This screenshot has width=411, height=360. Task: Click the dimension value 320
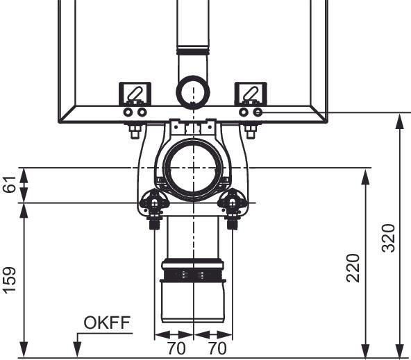[388, 238]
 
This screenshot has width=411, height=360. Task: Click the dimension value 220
[353, 268]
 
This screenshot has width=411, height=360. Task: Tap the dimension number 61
[10, 185]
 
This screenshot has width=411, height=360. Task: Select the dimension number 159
[10, 280]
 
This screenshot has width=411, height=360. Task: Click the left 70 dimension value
[176, 348]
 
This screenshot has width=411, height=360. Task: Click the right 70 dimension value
[217, 348]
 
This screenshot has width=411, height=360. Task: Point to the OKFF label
[107, 323]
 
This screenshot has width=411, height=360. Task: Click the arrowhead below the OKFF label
[77, 350]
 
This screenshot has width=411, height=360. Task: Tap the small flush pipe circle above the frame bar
[193, 92]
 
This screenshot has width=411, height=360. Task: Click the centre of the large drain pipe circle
[193, 168]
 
